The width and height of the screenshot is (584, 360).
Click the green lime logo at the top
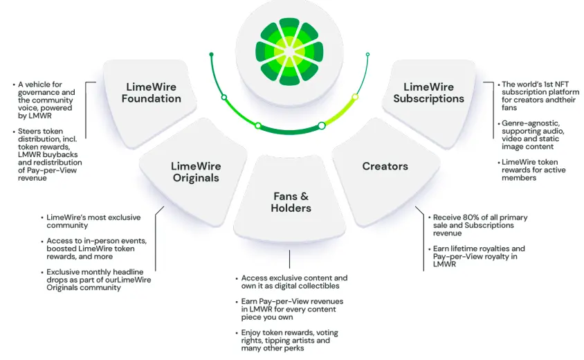pyautogui.click(x=289, y=52)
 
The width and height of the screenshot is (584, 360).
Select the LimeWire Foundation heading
pyautogui.click(x=152, y=93)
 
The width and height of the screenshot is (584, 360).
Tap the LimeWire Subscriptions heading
pyautogui.click(x=429, y=93)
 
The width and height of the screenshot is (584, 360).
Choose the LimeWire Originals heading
pyautogui.click(x=196, y=172)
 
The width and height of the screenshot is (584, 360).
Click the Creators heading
pyautogui.click(x=385, y=166)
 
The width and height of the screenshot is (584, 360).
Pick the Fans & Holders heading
pyautogui.click(x=291, y=202)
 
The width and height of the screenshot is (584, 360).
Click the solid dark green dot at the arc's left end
pyautogui.click(x=211, y=55)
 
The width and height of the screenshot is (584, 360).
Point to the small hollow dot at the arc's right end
pyautogui.click(x=367, y=55)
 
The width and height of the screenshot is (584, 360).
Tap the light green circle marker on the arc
pyautogui.click(x=355, y=97)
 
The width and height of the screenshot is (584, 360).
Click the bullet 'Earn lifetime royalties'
pyautogui.click(x=479, y=256)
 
